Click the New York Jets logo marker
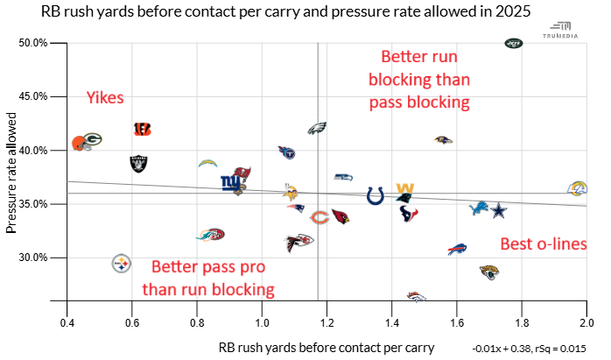tap(514, 43)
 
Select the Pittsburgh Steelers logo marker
tap(122, 263)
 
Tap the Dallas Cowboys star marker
tap(498, 210)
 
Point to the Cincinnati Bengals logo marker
tap(143, 129)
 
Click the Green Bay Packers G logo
tap(93, 138)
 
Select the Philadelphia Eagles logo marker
tap(317, 128)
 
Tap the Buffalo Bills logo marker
tap(457, 251)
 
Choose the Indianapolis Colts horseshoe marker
tap(375, 195)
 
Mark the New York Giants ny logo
tap(230, 183)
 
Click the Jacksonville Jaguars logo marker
tap(488, 272)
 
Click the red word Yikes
tap(105, 98)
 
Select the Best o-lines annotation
tap(542, 244)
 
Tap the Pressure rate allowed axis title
tap(12, 173)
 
